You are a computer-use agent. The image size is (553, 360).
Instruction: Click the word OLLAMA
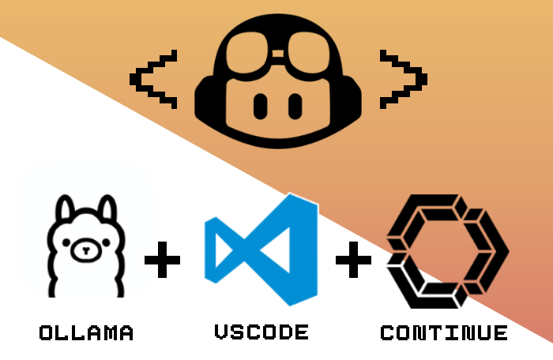pyautogui.click(x=86, y=332)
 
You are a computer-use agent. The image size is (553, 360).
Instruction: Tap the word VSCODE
pyautogui.click(x=261, y=332)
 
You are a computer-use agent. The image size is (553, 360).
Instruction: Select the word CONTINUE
pyautogui.click(x=444, y=332)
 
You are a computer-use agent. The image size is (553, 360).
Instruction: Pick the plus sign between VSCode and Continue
pyautogui.click(x=353, y=260)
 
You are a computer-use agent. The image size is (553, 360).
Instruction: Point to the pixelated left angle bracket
pyautogui.click(x=152, y=79)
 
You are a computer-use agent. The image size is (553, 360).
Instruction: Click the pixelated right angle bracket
pyautogui.click(x=402, y=79)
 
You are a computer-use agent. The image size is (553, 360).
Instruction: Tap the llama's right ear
pyautogui.click(x=107, y=209)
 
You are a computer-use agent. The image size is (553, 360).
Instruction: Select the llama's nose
pyautogui.click(x=86, y=253)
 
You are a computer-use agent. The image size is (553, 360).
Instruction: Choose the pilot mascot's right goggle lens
pyautogui.click(x=310, y=56)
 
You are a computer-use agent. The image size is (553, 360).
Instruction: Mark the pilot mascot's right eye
pyautogui.click(x=295, y=104)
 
